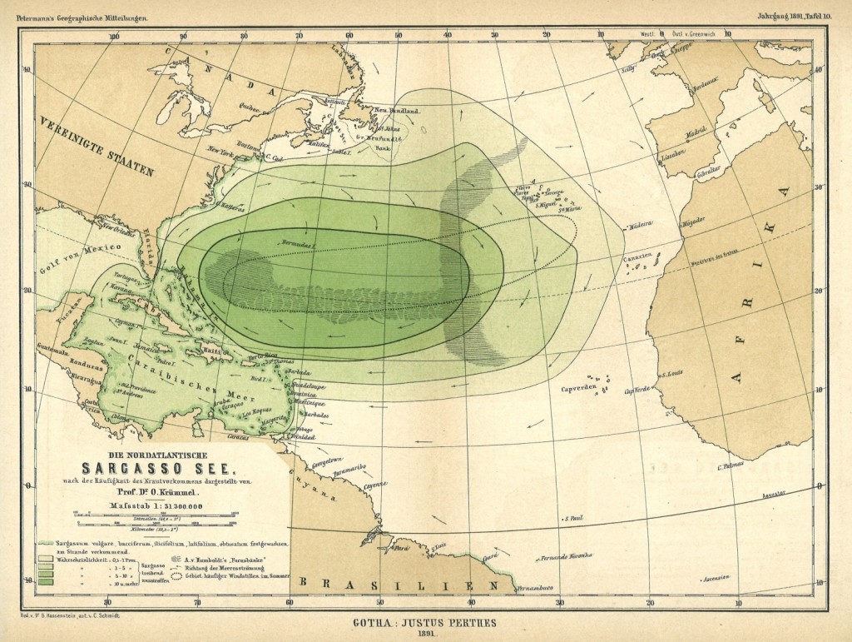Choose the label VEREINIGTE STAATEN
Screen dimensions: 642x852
[x=96, y=148]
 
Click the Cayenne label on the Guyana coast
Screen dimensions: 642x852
[x=374, y=485]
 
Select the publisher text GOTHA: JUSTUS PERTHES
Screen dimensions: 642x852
[x=425, y=619]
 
